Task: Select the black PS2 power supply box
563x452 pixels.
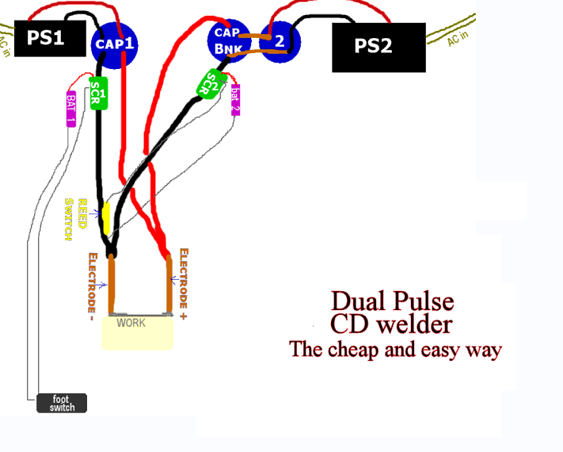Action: tap(378, 46)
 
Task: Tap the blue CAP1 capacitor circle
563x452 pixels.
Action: tap(115, 44)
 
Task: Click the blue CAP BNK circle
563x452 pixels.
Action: tap(230, 39)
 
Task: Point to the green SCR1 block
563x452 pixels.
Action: tap(98, 94)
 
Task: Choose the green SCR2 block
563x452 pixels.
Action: tap(210, 83)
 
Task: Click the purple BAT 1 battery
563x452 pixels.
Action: tap(70, 108)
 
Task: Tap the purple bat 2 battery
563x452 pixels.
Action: tap(235, 99)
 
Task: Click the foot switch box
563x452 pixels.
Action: tap(62, 403)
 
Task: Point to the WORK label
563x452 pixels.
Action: tap(131, 323)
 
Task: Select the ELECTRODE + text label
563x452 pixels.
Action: tap(184, 278)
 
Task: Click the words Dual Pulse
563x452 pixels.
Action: tap(393, 301)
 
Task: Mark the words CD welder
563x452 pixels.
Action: tap(393, 324)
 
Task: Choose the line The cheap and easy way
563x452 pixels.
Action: tap(396, 349)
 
